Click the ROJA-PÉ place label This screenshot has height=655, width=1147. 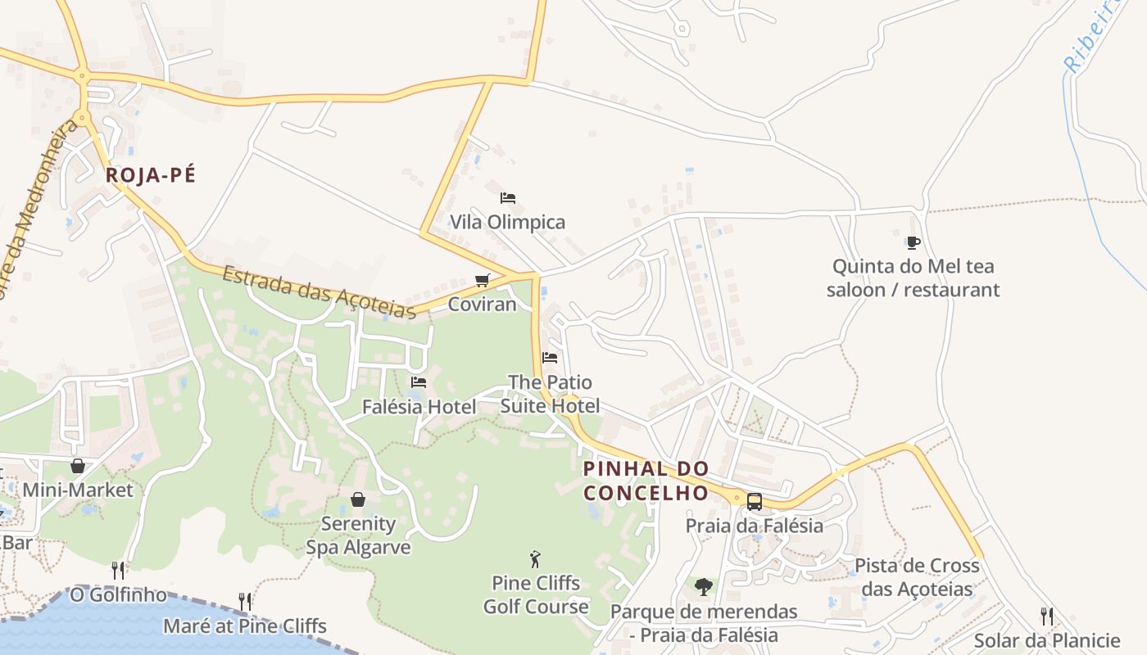(151, 175)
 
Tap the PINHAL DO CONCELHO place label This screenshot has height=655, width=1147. (646, 481)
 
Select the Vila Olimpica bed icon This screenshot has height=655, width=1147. (508, 198)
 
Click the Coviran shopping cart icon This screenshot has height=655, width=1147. (483, 281)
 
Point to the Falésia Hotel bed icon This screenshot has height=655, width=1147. (419, 382)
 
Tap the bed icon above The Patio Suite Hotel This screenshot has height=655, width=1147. (550, 358)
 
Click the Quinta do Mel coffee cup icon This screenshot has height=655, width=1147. (914, 242)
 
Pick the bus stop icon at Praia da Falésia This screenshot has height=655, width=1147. (754, 501)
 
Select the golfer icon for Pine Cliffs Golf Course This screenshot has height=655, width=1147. (536, 559)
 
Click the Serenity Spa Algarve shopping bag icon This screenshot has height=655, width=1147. (358, 499)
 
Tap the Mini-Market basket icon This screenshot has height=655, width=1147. (78, 466)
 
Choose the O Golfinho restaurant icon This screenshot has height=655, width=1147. (118, 570)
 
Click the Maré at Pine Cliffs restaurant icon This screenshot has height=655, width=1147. (244, 602)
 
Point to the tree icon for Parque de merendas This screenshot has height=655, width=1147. (703, 586)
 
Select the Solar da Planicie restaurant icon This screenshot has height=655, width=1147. (1046, 616)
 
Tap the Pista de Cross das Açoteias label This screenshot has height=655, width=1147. (917, 577)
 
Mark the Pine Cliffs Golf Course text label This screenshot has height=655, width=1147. (536, 595)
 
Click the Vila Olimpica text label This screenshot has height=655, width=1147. (508, 222)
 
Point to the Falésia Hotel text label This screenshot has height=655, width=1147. (419, 407)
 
